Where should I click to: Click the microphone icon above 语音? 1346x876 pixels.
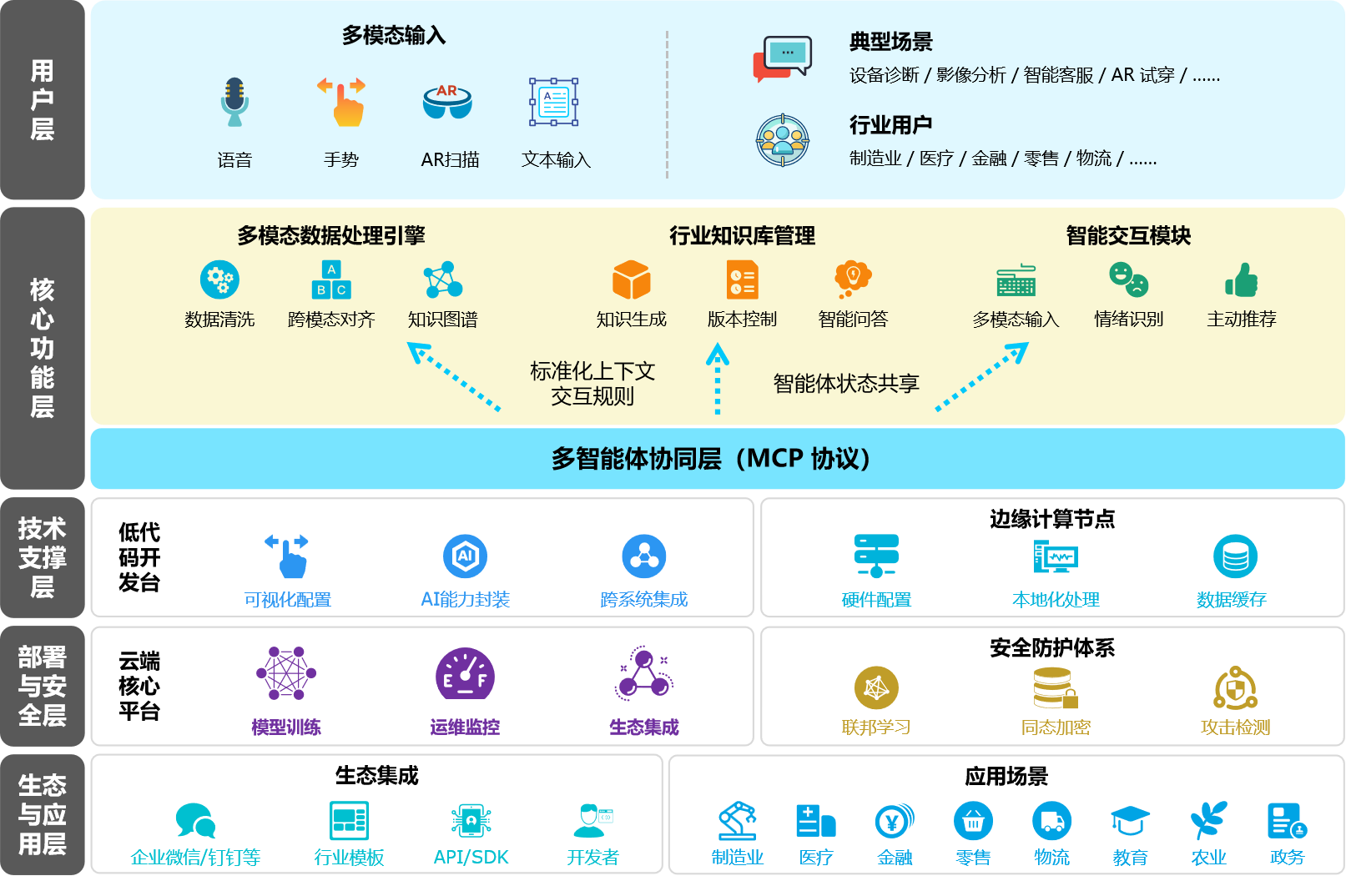point(234,102)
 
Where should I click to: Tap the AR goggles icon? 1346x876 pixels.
point(447,101)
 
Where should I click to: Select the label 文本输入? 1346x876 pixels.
point(556,159)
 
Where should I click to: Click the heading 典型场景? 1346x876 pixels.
point(890,42)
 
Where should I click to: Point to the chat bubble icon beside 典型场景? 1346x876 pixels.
point(782,58)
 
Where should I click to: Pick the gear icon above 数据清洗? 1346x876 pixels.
point(219,279)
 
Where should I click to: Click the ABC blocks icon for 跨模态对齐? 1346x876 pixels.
point(331,279)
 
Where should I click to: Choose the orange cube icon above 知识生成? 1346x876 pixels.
point(631,279)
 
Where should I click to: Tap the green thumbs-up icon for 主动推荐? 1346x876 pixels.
point(1242,279)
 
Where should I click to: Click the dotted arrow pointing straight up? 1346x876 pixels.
point(718,380)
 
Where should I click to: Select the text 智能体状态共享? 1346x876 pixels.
point(846,384)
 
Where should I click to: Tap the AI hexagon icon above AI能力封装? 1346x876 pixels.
point(465,556)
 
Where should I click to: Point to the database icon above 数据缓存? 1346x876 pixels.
point(1235,556)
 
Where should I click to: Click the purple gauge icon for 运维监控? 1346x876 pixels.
point(465,673)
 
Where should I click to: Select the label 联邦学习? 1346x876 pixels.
point(876,727)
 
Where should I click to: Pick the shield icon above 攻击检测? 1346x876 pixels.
point(1235,688)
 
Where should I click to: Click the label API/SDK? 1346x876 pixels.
point(471,857)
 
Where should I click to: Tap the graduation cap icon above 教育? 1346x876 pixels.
point(1130,821)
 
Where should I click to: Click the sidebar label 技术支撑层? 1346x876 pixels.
point(42,557)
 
